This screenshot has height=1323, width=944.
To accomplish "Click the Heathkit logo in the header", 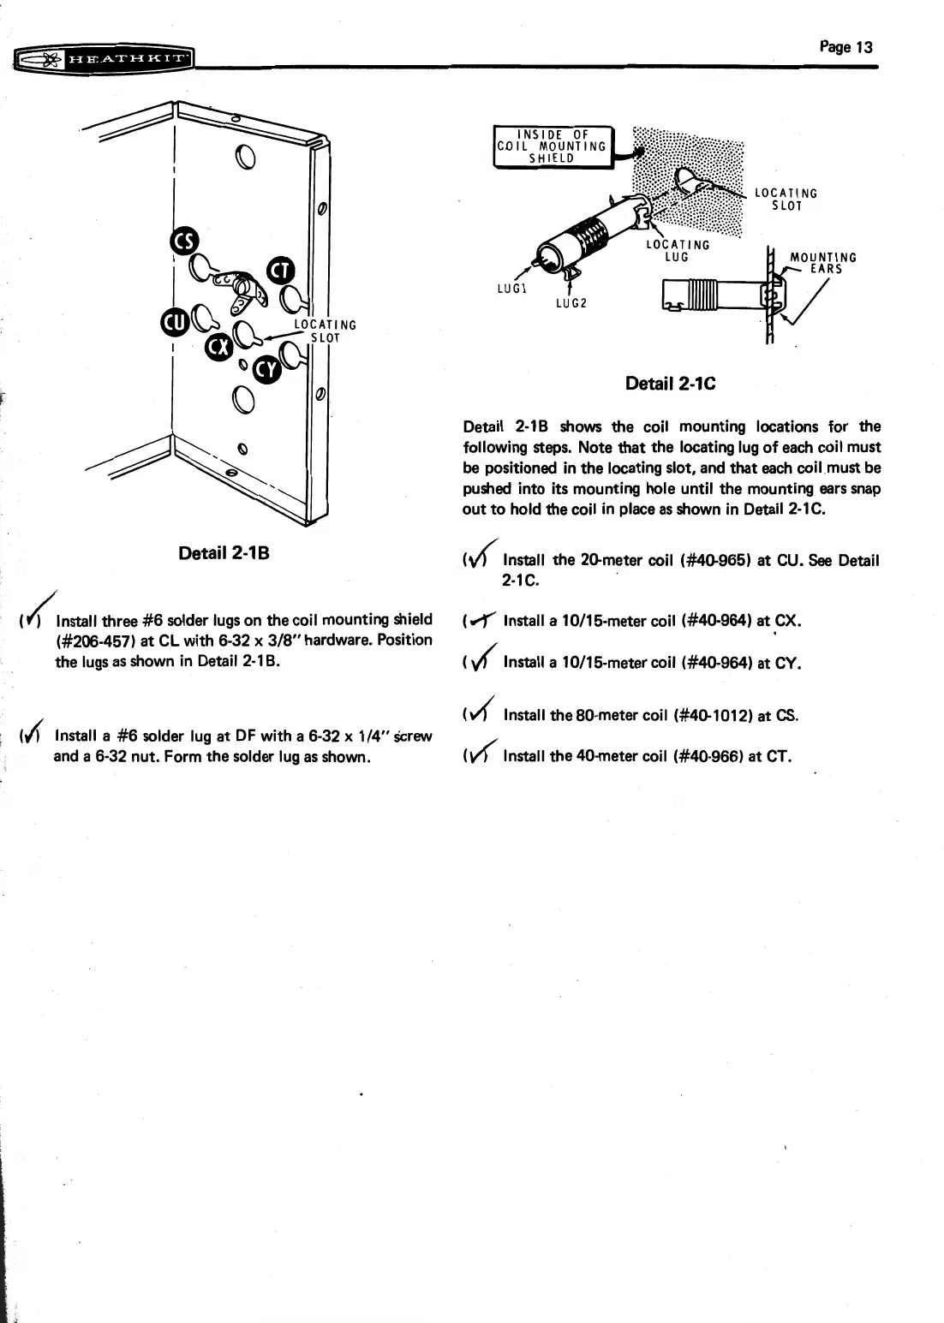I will tap(103, 60).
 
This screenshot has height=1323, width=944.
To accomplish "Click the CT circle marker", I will tap(280, 271).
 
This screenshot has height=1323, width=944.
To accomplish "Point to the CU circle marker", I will tap(173, 322).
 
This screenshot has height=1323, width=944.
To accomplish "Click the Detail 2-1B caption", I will tap(224, 552).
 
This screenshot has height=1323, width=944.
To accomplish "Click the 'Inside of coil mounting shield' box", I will tap(552, 146).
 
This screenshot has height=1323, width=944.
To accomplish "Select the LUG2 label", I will tap(571, 302).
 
